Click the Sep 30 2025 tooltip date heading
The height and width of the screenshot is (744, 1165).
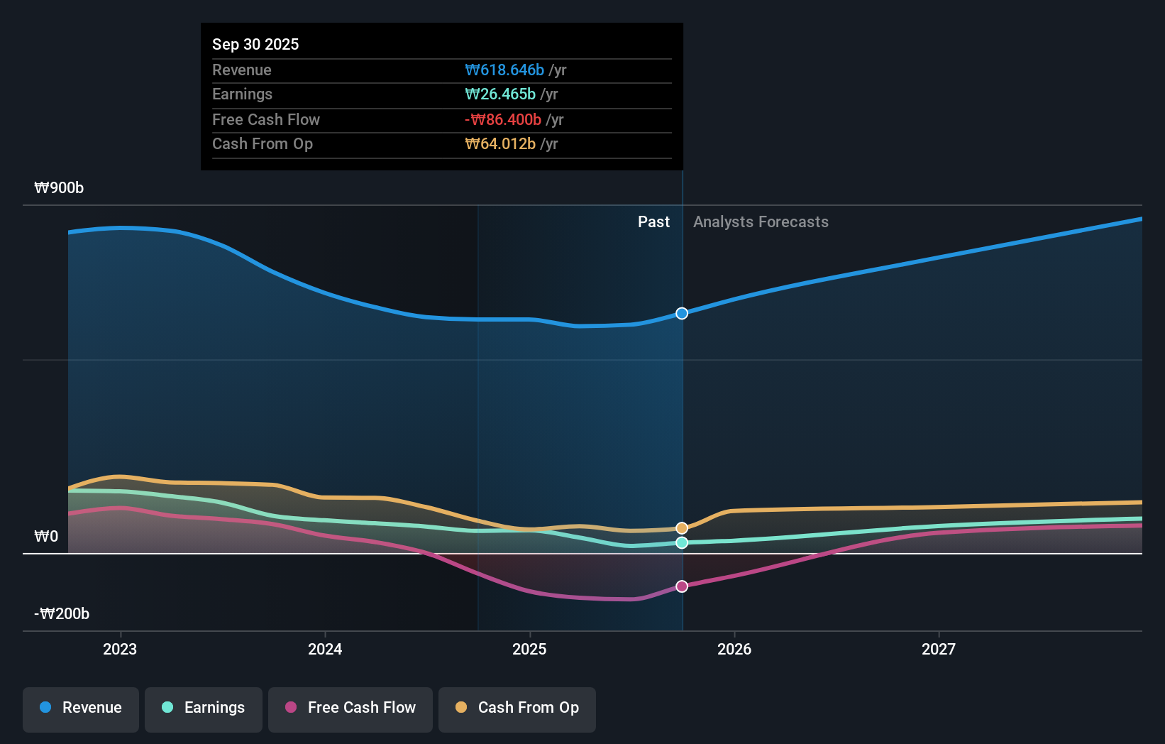255,44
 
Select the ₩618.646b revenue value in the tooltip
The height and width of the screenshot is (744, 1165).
504,70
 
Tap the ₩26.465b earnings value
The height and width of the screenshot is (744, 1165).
500,94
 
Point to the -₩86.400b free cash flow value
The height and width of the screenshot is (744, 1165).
503,119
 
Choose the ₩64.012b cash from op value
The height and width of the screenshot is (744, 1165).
500,143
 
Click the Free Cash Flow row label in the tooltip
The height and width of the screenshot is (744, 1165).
266,119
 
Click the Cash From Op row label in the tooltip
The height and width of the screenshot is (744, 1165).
263,143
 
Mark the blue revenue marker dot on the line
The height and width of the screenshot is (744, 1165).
682,314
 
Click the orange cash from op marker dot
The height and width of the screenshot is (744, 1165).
682,528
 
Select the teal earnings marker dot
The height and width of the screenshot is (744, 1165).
682,543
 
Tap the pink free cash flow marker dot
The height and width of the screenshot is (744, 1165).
682,586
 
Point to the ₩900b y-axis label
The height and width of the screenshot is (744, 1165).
59,187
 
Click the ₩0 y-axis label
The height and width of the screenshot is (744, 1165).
46,536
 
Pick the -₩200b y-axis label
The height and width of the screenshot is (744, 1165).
62,613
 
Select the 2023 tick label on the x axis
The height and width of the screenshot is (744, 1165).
120,649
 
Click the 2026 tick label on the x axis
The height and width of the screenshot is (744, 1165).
734,649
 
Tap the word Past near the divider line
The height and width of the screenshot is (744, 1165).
653,221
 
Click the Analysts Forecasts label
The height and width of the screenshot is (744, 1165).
761,221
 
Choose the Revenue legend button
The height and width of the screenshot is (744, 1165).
81,708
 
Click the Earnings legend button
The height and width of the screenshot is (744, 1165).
204,708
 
